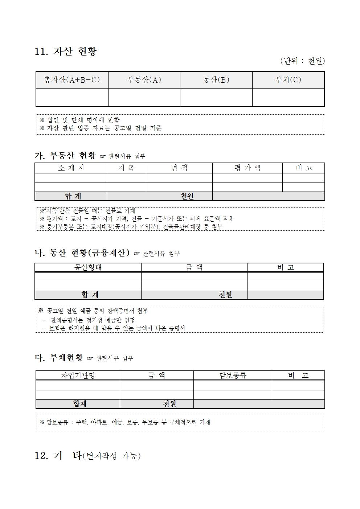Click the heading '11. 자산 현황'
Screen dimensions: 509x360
point(66,52)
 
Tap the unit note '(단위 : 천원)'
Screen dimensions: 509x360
point(302,61)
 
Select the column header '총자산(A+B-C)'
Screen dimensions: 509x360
point(72,80)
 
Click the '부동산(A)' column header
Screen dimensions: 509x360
point(144,80)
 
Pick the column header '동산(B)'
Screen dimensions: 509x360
point(216,80)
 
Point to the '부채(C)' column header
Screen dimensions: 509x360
point(288,80)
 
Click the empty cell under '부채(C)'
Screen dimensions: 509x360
point(288,97)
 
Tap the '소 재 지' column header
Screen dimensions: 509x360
point(71,168)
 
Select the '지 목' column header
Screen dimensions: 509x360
point(126,168)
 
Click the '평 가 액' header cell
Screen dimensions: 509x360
point(247,168)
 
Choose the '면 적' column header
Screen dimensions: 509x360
point(179,168)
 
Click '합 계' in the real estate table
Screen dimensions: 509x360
point(73,196)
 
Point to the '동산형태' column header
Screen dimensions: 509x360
point(88,267)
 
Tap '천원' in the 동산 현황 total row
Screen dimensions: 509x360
point(225,295)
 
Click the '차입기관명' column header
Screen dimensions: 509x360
point(78,375)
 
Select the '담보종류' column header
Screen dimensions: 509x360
point(233,375)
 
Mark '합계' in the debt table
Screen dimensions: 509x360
point(80,404)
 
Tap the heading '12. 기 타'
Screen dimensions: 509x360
point(58,456)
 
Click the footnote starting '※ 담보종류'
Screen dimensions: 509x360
point(125,422)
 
